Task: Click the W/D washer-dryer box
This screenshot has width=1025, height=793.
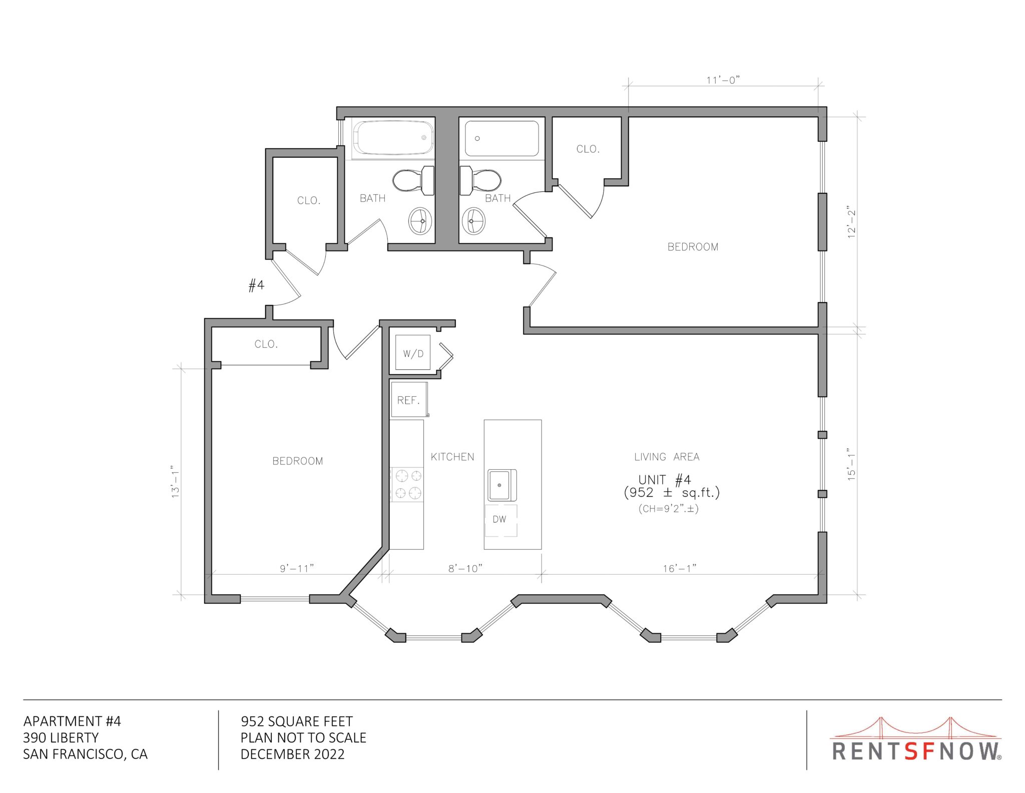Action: tap(413, 352)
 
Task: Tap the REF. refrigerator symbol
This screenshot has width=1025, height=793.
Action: tap(409, 399)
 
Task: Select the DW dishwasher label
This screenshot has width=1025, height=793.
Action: tap(499, 519)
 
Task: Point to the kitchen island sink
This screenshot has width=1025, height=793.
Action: tap(502, 485)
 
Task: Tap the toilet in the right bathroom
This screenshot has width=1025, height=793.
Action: tap(480, 180)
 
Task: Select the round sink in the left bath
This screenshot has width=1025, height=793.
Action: tap(420, 221)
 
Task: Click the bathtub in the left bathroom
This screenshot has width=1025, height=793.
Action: tap(393, 138)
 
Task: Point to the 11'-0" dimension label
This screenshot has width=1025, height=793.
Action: tap(723, 80)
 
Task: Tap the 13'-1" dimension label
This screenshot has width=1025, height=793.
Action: tap(176, 480)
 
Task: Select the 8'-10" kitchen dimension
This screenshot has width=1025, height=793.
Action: tap(465, 568)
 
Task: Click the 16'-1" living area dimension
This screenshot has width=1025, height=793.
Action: tap(680, 568)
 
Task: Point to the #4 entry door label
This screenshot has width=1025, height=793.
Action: tap(256, 286)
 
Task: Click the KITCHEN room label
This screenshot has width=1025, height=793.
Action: tap(452, 457)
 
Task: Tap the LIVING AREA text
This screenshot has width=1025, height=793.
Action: tap(667, 457)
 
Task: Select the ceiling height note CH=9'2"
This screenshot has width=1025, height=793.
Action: tap(668, 509)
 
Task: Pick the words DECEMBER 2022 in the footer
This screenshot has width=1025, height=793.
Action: tap(292, 754)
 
